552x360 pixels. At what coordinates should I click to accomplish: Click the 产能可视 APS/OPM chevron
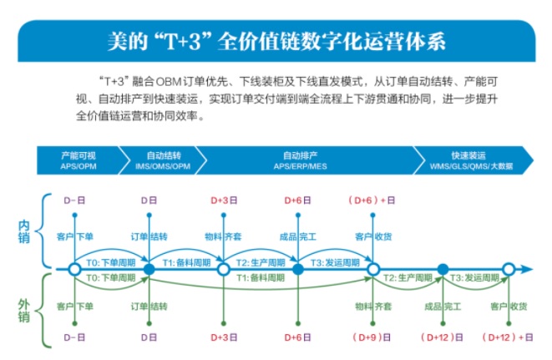[x=79, y=160]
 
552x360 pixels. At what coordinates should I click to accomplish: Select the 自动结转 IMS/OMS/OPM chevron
[x=163, y=160]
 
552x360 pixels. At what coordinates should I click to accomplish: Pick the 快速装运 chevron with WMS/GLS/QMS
[x=472, y=160]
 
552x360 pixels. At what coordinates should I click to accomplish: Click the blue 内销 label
[x=23, y=231]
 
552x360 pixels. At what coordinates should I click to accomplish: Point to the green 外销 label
[x=23, y=311]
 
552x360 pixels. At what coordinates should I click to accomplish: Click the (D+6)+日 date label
[x=372, y=200]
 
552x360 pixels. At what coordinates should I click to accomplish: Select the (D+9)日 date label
[x=372, y=337]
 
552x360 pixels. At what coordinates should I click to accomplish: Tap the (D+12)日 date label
[x=442, y=337]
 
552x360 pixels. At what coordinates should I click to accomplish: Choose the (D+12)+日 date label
[x=507, y=337]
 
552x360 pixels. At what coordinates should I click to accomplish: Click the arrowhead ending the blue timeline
[x=527, y=270]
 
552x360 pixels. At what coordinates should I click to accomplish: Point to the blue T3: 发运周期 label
[x=335, y=262]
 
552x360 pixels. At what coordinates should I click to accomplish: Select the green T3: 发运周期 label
[x=474, y=278]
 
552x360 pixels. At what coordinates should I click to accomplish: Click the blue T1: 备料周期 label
[x=186, y=262]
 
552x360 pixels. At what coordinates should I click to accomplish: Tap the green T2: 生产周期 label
[x=408, y=278]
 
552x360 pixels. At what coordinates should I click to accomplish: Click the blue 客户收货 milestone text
[x=373, y=236]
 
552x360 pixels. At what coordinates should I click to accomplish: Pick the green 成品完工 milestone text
[x=443, y=307]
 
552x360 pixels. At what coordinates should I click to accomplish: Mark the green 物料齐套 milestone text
[x=373, y=307]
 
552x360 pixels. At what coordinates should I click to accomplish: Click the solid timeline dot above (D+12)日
[x=443, y=270]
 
